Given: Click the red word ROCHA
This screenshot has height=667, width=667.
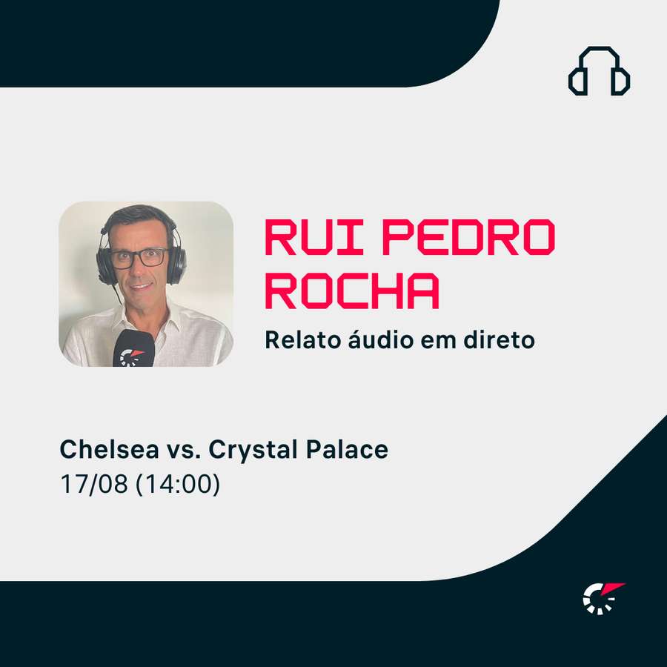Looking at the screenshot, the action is coord(352,291).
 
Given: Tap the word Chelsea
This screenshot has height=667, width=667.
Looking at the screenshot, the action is coord(110,449).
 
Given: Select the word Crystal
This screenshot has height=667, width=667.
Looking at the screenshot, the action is coord(253,451).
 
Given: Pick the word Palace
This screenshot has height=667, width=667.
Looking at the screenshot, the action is coord(347,449).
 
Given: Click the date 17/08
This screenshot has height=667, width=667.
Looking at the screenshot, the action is coord(94,484).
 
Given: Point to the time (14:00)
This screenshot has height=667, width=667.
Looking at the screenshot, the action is coord(178,484).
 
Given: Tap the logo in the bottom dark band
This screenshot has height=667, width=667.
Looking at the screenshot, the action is coord(603,598).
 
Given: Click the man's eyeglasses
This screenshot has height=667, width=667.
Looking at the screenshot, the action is coord(140,258).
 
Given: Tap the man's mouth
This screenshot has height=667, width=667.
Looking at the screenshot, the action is coord(142,286).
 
